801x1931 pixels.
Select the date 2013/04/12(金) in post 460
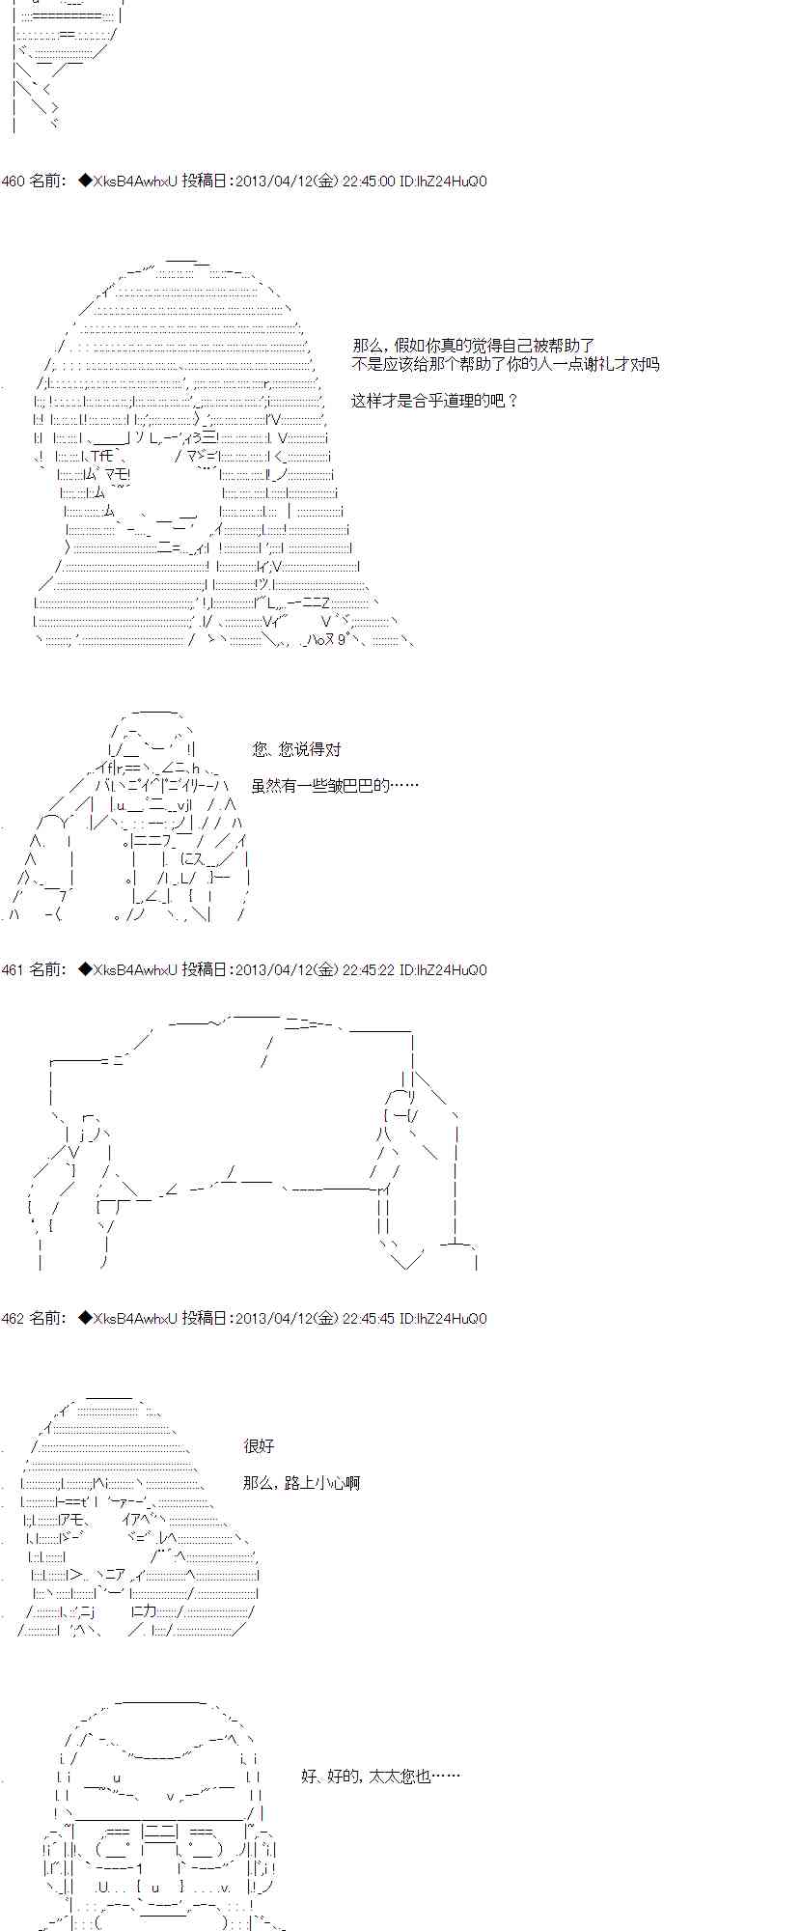click(287, 182)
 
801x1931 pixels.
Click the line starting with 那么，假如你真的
click(474, 346)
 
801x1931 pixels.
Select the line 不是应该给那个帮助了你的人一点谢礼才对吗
click(506, 364)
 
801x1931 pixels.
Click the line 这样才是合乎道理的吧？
click(435, 401)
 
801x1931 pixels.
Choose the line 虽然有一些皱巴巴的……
click(336, 786)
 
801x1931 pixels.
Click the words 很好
click(260, 1446)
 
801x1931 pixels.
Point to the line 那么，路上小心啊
click(302, 1483)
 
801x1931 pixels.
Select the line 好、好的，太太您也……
click(380, 1777)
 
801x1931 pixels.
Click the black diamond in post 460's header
click(84, 182)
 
